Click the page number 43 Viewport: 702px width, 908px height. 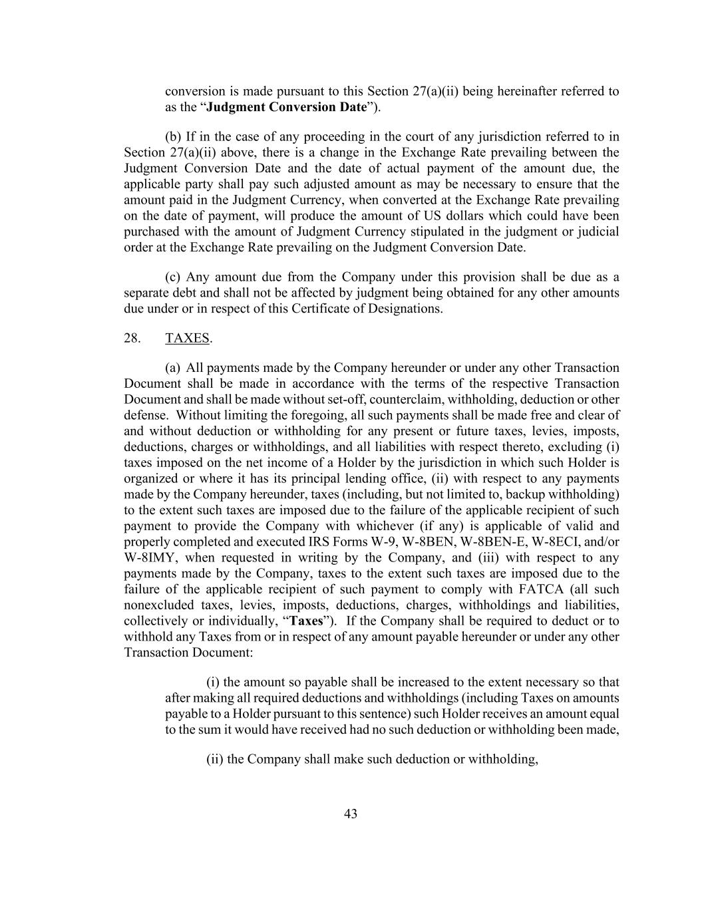click(x=351, y=814)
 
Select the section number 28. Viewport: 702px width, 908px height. click(x=132, y=338)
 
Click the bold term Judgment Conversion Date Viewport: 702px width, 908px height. click(x=286, y=107)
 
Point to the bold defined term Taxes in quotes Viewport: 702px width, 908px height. click(x=306, y=621)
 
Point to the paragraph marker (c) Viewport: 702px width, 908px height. click(x=173, y=277)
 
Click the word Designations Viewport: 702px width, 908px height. click(x=407, y=309)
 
